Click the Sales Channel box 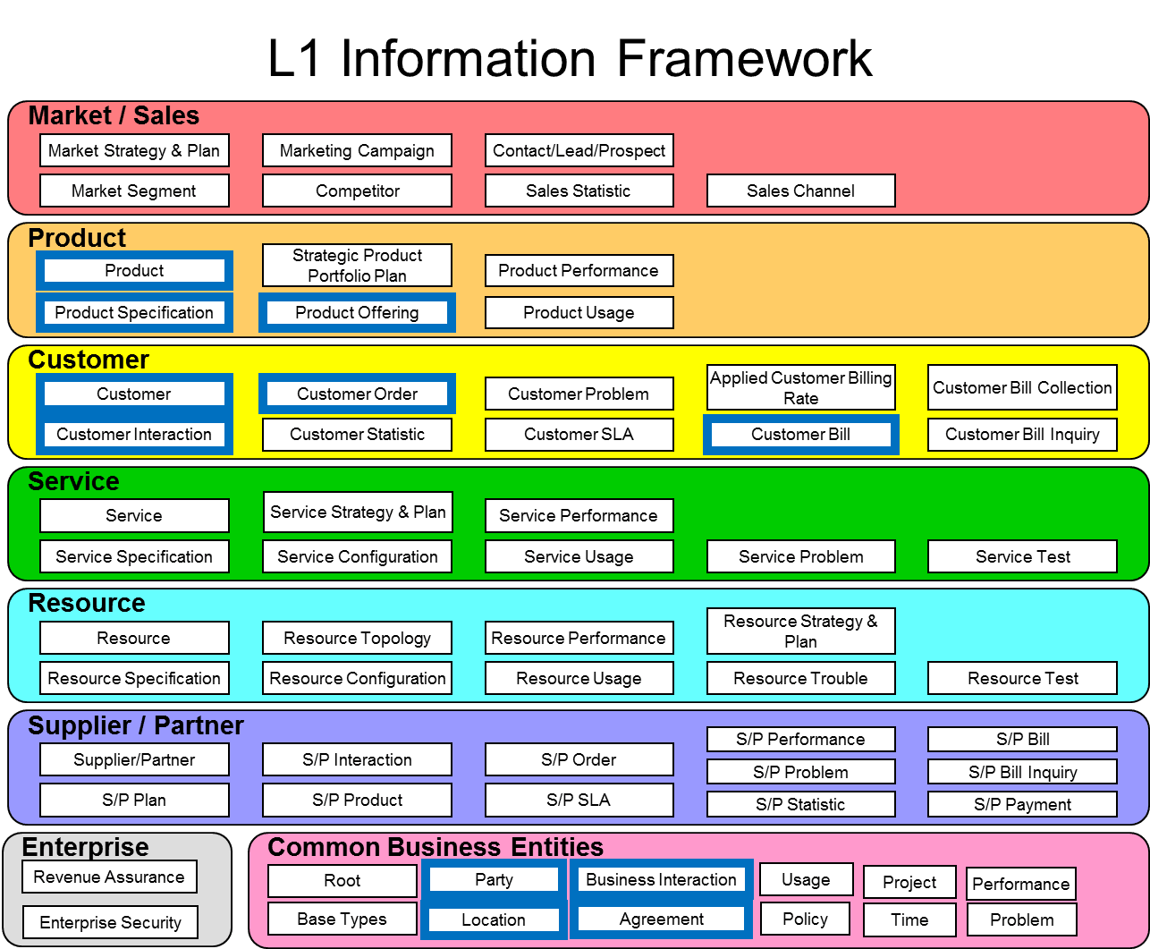click(x=800, y=191)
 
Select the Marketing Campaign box click(x=357, y=150)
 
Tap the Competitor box click(x=357, y=191)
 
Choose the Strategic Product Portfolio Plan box click(x=357, y=265)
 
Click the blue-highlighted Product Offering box click(x=357, y=312)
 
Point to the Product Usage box click(x=579, y=312)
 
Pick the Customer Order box click(x=357, y=394)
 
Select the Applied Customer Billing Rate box click(x=801, y=387)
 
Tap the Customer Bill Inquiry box click(x=1022, y=435)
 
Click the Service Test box click(x=1022, y=556)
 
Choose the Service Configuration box click(x=357, y=556)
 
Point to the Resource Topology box click(x=357, y=638)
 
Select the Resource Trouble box click(x=800, y=678)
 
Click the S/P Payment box click(x=1022, y=804)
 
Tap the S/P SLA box click(x=579, y=800)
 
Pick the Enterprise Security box click(x=110, y=922)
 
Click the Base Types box click(x=342, y=919)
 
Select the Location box click(x=494, y=919)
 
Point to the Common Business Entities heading click(x=435, y=846)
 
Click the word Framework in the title click(x=744, y=58)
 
